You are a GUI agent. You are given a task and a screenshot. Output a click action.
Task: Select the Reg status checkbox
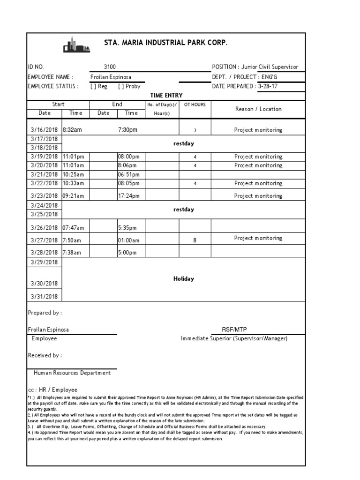(x=93, y=86)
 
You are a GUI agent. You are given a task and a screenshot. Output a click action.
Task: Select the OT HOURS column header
(x=195, y=105)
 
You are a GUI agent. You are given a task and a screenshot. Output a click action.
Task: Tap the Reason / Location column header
(x=258, y=109)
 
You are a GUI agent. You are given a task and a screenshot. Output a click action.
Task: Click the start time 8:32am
(x=72, y=130)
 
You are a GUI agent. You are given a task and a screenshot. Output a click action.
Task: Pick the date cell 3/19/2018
(x=44, y=157)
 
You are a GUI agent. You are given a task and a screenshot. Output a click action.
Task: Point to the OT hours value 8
(x=195, y=240)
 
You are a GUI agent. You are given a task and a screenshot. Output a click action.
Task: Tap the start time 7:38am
(x=73, y=252)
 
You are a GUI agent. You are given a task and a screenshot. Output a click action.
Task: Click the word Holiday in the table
(x=184, y=279)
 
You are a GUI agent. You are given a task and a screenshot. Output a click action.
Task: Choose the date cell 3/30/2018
(x=44, y=283)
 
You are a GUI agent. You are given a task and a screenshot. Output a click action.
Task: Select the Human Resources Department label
(x=72, y=373)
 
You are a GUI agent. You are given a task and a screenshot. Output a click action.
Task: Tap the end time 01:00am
(x=128, y=240)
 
